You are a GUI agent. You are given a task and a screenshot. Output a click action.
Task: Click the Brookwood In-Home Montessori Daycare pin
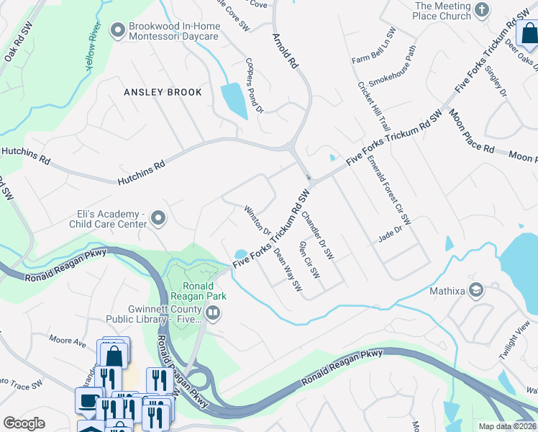(117, 30)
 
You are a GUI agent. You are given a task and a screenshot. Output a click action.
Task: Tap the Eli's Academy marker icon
(159, 217)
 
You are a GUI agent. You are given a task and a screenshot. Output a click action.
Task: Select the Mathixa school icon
(475, 290)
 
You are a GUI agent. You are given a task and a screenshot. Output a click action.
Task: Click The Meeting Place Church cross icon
(482, 10)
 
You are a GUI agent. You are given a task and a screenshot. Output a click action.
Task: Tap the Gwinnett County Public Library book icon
(213, 312)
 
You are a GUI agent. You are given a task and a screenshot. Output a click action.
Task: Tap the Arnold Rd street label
(285, 50)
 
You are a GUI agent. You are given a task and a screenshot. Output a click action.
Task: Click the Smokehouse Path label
(392, 65)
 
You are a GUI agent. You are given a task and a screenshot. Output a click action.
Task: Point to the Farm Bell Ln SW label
(373, 45)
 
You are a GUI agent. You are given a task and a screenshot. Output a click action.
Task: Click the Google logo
(24, 423)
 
